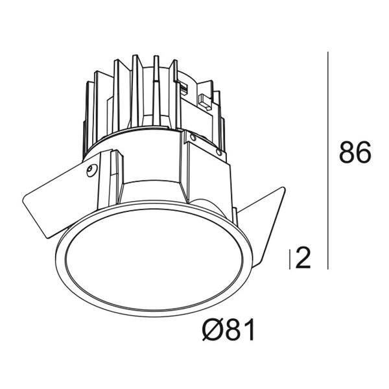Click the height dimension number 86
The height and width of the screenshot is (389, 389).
point(355,152)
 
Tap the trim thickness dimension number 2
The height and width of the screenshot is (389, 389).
point(303,258)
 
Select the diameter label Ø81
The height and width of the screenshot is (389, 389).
point(228,330)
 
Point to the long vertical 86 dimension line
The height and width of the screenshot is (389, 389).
point(328,161)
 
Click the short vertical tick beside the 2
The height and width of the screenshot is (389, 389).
point(290,259)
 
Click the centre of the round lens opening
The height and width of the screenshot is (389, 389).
point(154,259)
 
